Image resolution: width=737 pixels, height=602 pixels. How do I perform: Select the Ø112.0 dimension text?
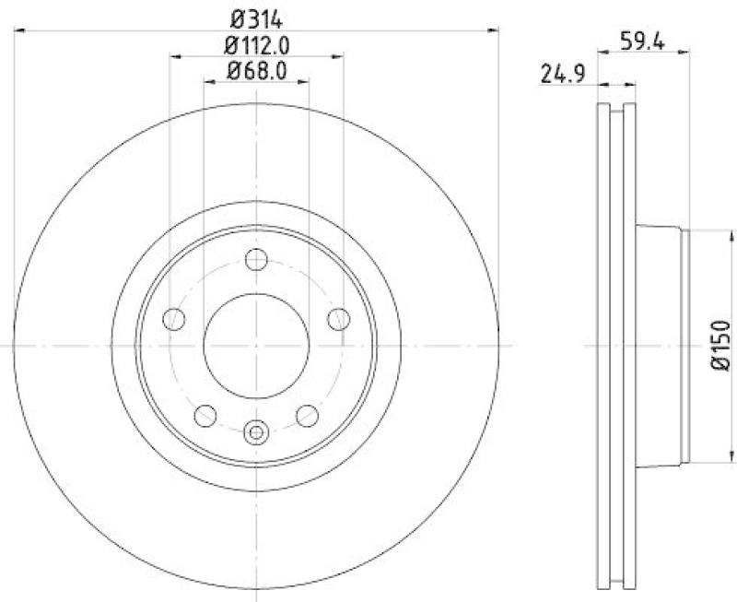257,44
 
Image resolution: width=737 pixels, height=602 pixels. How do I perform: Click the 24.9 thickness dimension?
560,76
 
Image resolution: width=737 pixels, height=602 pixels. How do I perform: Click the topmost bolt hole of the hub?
257,259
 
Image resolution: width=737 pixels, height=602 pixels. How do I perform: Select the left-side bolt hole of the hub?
172,320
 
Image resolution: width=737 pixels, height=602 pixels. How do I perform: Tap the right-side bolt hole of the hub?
340,320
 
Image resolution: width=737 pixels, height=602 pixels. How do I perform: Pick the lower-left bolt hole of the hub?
205,416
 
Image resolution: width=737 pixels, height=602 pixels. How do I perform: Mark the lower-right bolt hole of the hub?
308,416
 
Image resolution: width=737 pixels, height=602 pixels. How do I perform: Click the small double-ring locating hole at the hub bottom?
257,431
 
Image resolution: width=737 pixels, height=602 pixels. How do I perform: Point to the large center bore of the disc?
256,346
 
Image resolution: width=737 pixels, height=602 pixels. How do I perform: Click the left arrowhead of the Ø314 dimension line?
20,30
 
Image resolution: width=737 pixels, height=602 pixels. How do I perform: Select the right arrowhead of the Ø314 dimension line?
494,30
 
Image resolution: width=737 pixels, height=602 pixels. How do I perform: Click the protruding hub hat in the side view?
661,346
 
